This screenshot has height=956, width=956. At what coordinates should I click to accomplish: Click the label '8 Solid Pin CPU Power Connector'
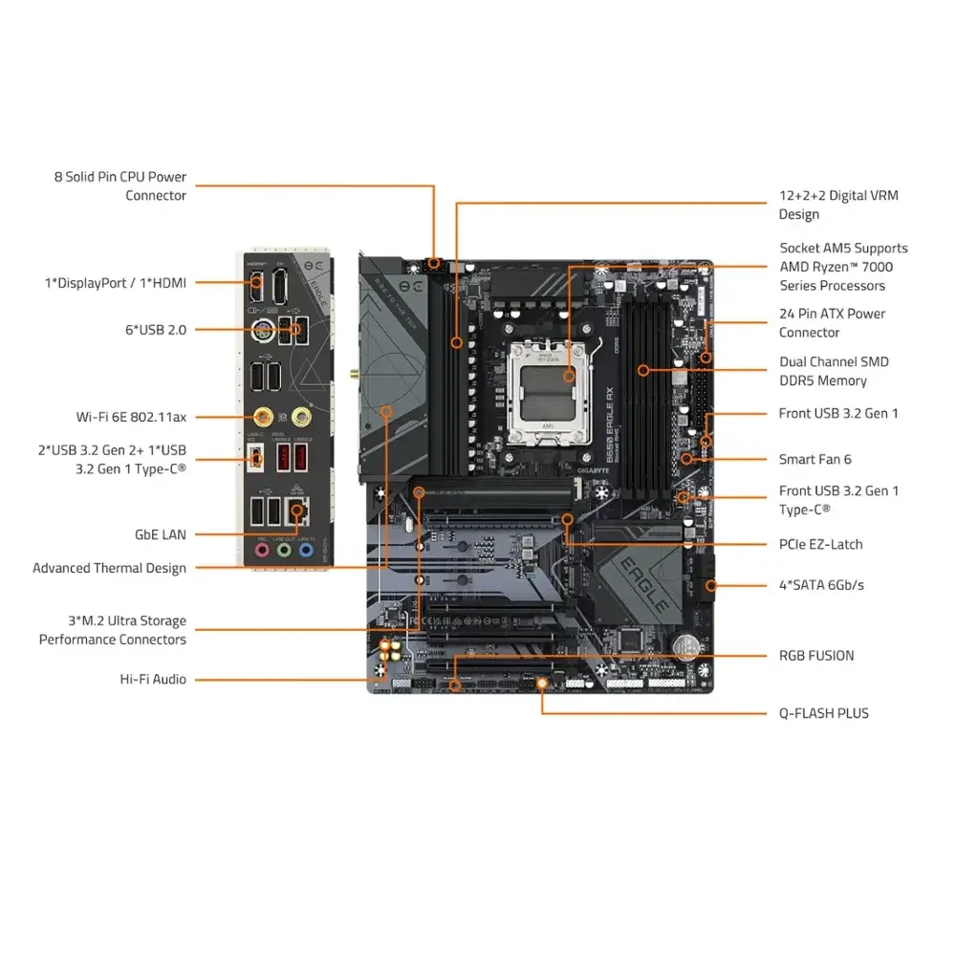[x=120, y=186]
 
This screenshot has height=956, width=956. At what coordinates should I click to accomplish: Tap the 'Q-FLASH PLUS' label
[x=824, y=713]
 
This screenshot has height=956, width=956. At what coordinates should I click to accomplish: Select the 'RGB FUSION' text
[x=816, y=656]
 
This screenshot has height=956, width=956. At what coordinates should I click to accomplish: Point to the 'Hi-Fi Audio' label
[x=153, y=680]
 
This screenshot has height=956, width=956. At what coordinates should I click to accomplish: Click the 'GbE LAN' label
[x=161, y=535]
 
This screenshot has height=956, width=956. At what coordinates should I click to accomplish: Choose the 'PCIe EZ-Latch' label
[x=820, y=545]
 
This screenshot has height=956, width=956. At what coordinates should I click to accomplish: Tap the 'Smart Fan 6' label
[x=815, y=460]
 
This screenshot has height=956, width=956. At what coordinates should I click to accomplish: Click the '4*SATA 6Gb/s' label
[x=821, y=585]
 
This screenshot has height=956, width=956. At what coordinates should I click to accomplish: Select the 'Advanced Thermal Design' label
[x=110, y=568]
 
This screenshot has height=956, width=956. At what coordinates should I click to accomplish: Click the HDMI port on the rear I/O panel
[x=256, y=282]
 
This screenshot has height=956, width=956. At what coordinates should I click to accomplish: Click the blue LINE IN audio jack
[x=305, y=550]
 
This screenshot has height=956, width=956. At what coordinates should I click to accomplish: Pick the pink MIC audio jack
[x=261, y=550]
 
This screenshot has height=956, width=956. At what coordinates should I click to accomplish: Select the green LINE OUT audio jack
[x=283, y=550]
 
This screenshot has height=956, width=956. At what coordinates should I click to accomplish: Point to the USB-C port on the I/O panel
[x=255, y=458]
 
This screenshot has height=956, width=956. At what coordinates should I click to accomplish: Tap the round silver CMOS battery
[x=684, y=647]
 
